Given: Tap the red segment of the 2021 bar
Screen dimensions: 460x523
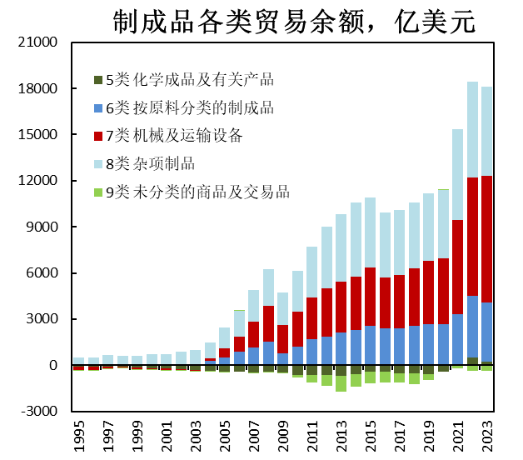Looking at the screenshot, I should tap(457, 267).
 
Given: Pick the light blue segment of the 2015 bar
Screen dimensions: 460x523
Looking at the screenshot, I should tap(370, 232).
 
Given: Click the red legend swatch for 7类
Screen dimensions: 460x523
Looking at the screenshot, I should tap(98, 136).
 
